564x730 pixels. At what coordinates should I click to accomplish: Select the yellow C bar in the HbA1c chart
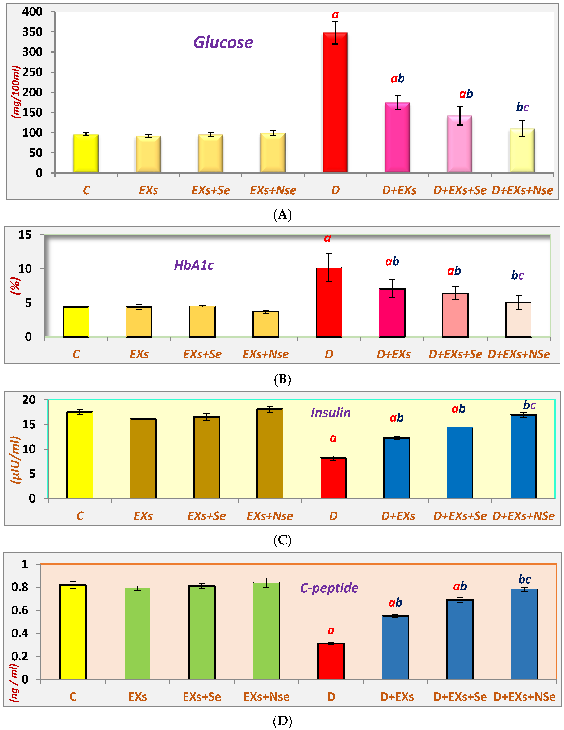[x=76, y=322]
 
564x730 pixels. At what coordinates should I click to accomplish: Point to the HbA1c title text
[x=194, y=265]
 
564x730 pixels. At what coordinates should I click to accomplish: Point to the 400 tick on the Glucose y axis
[x=32, y=12]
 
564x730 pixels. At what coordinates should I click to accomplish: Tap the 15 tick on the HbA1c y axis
[x=25, y=235]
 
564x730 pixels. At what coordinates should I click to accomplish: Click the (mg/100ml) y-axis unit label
[x=16, y=92]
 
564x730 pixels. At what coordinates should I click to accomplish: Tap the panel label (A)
[x=282, y=214]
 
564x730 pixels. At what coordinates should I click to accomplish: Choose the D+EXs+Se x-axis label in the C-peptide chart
[x=460, y=697]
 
